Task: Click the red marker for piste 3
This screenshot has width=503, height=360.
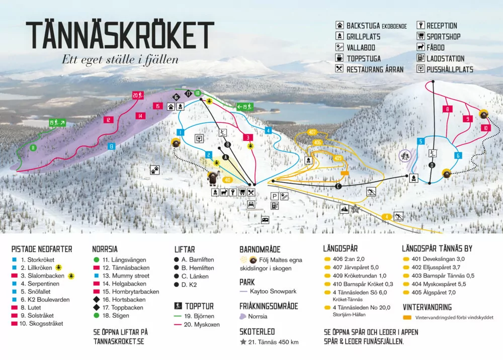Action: [x=247, y=137]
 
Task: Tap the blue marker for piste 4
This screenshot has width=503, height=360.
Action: [x=269, y=131]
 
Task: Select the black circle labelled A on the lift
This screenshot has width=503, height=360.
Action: [x=225, y=157]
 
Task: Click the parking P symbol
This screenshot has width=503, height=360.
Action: [x=275, y=196]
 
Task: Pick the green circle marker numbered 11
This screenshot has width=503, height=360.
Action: [x=33, y=147]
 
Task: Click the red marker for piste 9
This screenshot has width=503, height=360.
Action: [x=468, y=119]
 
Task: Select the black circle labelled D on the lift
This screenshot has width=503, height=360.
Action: [x=432, y=165]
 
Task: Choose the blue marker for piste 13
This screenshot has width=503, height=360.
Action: [x=111, y=146]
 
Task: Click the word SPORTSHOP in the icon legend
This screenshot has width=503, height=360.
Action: [x=443, y=36]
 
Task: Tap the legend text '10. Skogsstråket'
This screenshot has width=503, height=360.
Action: [x=42, y=323]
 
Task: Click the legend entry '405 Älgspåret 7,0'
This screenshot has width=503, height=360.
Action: [x=429, y=292]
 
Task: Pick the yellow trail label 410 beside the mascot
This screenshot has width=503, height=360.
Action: [x=227, y=179]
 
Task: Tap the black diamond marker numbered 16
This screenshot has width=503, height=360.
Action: [x=176, y=97]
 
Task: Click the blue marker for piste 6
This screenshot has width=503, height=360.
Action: [x=458, y=155]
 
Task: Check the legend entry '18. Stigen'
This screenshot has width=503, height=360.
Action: [x=115, y=316]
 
